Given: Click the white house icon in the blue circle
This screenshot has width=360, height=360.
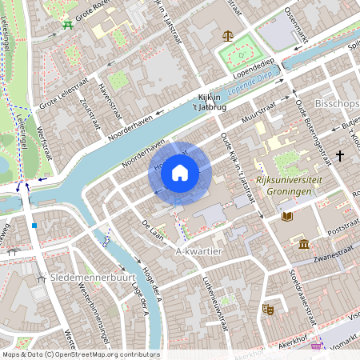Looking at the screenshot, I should pyautogui.click(x=180, y=172).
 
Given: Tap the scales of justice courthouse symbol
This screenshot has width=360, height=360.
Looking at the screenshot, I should pyautogui.click(x=228, y=36).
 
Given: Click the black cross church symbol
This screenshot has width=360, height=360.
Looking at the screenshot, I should pyautogui.click(x=340, y=154).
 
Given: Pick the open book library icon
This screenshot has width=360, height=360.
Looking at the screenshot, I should pyautogui.click(x=287, y=216).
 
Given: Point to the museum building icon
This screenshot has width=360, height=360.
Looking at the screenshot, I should pyautogui.click(x=304, y=243).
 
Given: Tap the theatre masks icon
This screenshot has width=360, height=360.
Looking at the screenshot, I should pyautogui.click(x=267, y=307).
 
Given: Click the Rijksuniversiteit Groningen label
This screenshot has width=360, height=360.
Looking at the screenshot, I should pyautogui.click(x=290, y=187).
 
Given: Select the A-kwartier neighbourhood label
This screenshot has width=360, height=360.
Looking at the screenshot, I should pyautogui.click(x=197, y=250).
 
